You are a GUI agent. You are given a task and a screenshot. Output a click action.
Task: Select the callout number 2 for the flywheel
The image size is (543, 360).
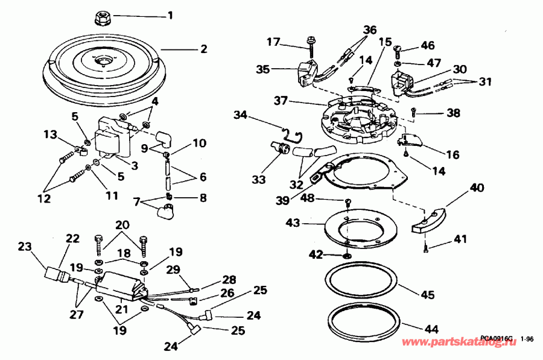click(x=203, y=48)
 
